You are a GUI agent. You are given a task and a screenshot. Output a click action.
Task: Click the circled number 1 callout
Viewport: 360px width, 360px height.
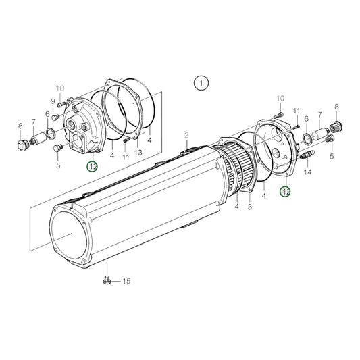[201, 83]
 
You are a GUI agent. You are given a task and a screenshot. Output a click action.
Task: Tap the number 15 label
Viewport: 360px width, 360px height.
[126, 281]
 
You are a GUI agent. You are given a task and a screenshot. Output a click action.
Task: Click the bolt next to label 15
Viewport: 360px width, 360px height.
[107, 280]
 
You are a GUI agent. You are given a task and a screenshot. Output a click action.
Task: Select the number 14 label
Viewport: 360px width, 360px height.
[307, 172]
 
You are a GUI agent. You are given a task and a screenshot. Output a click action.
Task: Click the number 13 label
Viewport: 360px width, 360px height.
[138, 152]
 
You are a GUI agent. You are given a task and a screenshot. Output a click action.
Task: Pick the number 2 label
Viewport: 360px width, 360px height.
[186, 135]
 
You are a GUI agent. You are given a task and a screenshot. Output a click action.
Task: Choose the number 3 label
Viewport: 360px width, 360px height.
[249, 207]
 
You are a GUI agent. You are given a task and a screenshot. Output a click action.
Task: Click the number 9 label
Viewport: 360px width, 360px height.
[53, 101]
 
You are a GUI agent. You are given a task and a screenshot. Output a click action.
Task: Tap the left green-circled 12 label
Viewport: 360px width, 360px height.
[92, 166]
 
